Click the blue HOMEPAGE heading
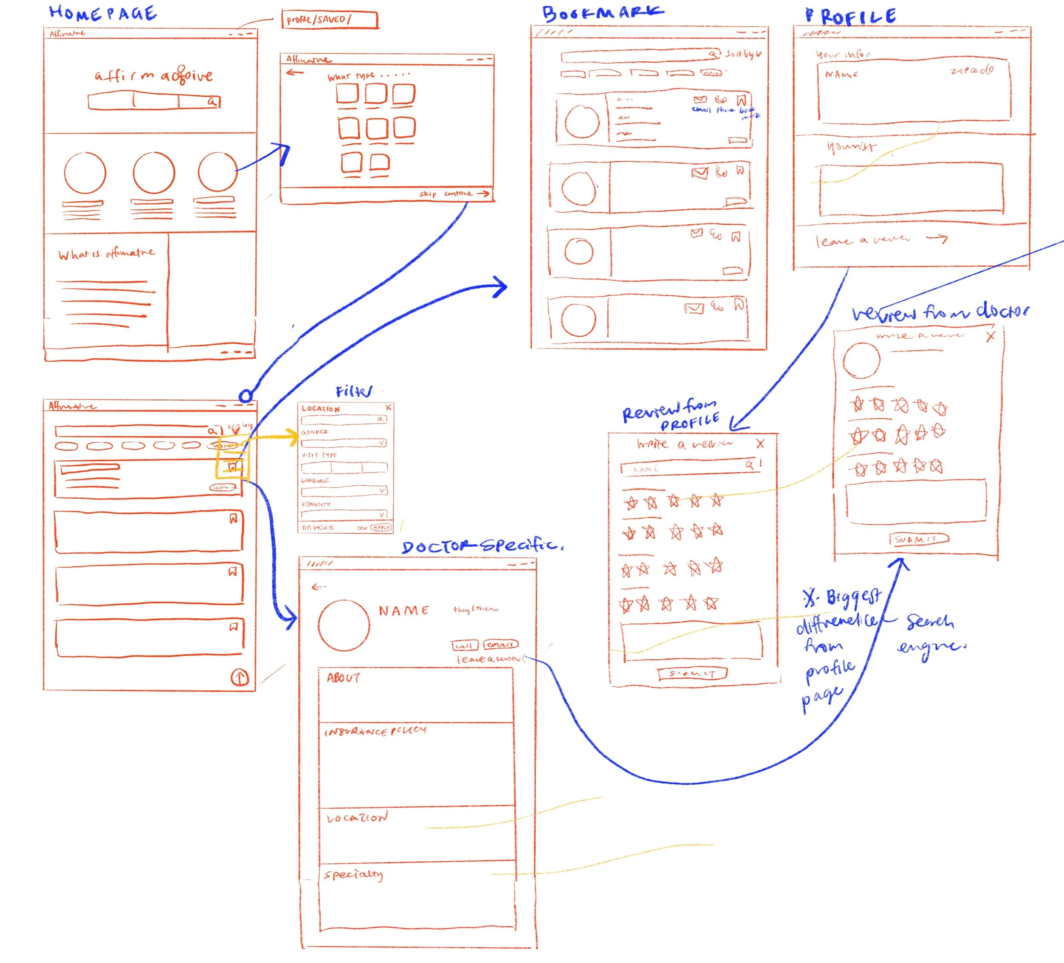click(x=103, y=13)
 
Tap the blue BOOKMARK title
click(x=602, y=13)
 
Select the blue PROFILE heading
click(x=850, y=16)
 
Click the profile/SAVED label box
click(x=329, y=20)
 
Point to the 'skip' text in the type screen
click(x=427, y=194)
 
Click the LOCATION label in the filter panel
click(x=320, y=409)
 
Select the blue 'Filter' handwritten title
click(x=354, y=391)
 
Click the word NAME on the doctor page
click(x=404, y=611)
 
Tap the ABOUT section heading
click(x=343, y=677)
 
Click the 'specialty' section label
click(x=353, y=874)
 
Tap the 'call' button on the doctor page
click(x=464, y=645)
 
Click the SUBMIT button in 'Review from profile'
click(x=692, y=673)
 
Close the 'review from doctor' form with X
click(x=990, y=337)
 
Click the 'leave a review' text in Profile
click(x=862, y=240)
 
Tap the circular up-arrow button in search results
click(x=240, y=677)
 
